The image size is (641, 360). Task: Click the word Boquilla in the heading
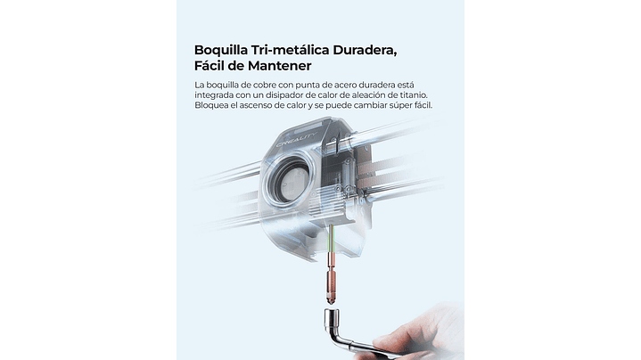(x=221, y=51)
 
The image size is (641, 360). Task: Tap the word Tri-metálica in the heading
(x=291, y=50)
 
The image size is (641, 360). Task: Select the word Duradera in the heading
(x=365, y=50)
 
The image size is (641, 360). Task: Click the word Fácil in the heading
(x=210, y=65)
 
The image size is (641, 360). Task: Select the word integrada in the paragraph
(x=213, y=95)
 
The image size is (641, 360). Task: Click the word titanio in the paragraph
(x=414, y=94)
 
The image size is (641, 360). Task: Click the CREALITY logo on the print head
(x=296, y=140)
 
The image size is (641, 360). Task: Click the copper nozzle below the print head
(x=332, y=277)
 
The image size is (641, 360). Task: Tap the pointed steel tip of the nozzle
(x=332, y=302)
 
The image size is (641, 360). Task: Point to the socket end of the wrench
(x=332, y=319)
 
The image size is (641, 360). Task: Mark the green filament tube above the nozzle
(x=332, y=237)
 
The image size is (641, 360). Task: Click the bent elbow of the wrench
(x=336, y=336)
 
